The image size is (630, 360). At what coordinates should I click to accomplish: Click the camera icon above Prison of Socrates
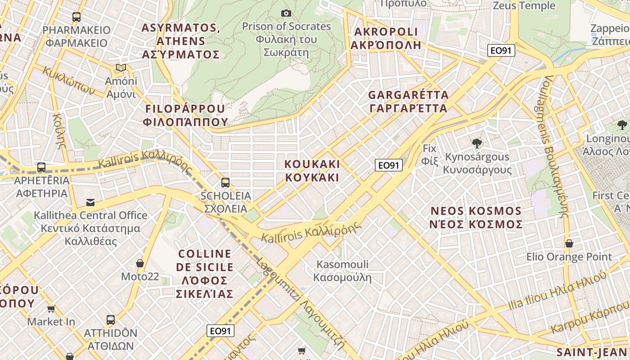point(286,13)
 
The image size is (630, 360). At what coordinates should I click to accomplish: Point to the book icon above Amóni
point(121,68)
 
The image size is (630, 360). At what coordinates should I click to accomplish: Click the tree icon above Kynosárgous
point(477,144)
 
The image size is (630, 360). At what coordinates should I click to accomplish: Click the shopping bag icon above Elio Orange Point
point(569,243)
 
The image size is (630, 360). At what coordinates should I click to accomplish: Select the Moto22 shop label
point(140,276)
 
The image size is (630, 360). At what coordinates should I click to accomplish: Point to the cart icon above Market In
point(51,309)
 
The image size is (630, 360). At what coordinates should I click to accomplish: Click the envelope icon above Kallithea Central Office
point(90,202)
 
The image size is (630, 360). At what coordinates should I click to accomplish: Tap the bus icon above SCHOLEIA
point(225,183)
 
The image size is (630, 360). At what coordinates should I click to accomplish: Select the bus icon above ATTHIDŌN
point(111,320)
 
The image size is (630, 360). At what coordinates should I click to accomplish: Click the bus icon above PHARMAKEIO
point(76,17)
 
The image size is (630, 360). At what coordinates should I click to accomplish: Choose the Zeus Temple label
point(524,5)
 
